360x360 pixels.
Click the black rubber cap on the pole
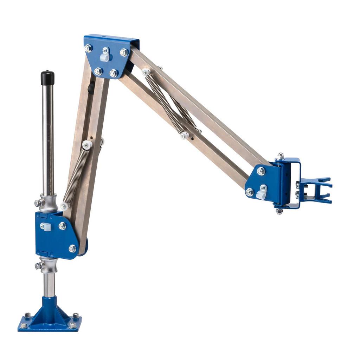pyautogui.click(x=47, y=78)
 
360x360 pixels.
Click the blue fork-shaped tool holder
pyautogui.click(x=316, y=190)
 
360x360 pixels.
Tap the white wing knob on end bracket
pyautogui.click(x=262, y=192)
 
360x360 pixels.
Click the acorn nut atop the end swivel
pyautogui.click(x=280, y=156)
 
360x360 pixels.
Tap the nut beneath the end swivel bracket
pyautogui.click(x=279, y=211)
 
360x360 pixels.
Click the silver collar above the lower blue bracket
pyautogui.click(x=48, y=203)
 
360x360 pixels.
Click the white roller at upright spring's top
pyautogui.click(x=86, y=144)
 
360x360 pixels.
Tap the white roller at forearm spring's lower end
pyautogui.click(x=184, y=135)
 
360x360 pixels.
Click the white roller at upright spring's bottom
pyautogui.click(x=64, y=206)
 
